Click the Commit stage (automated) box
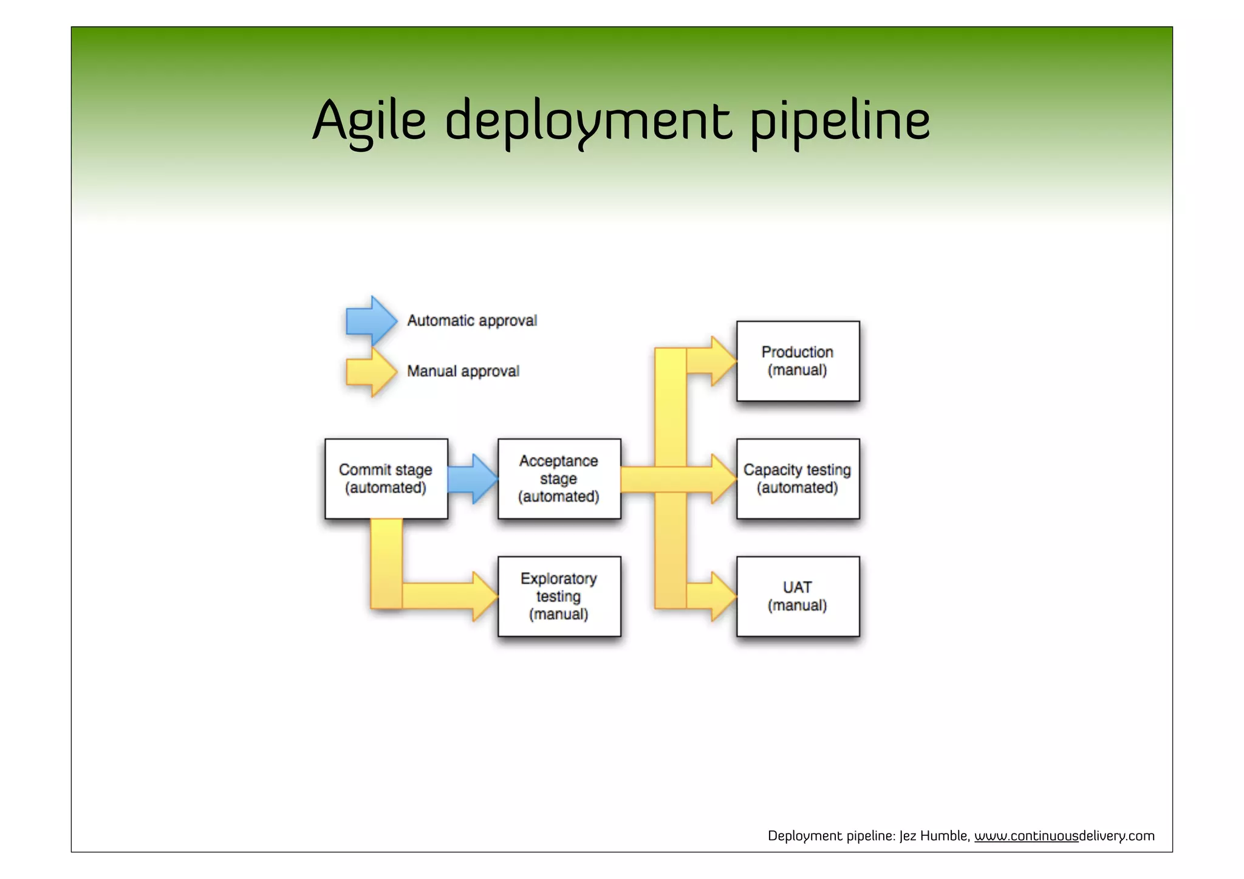(x=386, y=479)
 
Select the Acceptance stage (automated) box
(x=559, y=479)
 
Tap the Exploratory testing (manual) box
(x=559, y=597)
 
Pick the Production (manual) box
(x=798, y=361)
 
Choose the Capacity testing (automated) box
(x=798, y=479)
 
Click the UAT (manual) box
(x=798, y=597)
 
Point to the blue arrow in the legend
(x=371, y=320)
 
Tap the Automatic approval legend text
(x=472, y=320)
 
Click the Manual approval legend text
(x=463, y=371)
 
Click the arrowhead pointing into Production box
(x=723, y=361)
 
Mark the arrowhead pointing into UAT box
(x=723, y=597)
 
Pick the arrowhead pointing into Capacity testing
(x=723, y=479)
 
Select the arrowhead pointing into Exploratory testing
(x=484, y=597)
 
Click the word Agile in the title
(x=369, y=120)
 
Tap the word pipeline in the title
(x=840, y=120)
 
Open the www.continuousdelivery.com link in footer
(x=1064, y=836)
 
